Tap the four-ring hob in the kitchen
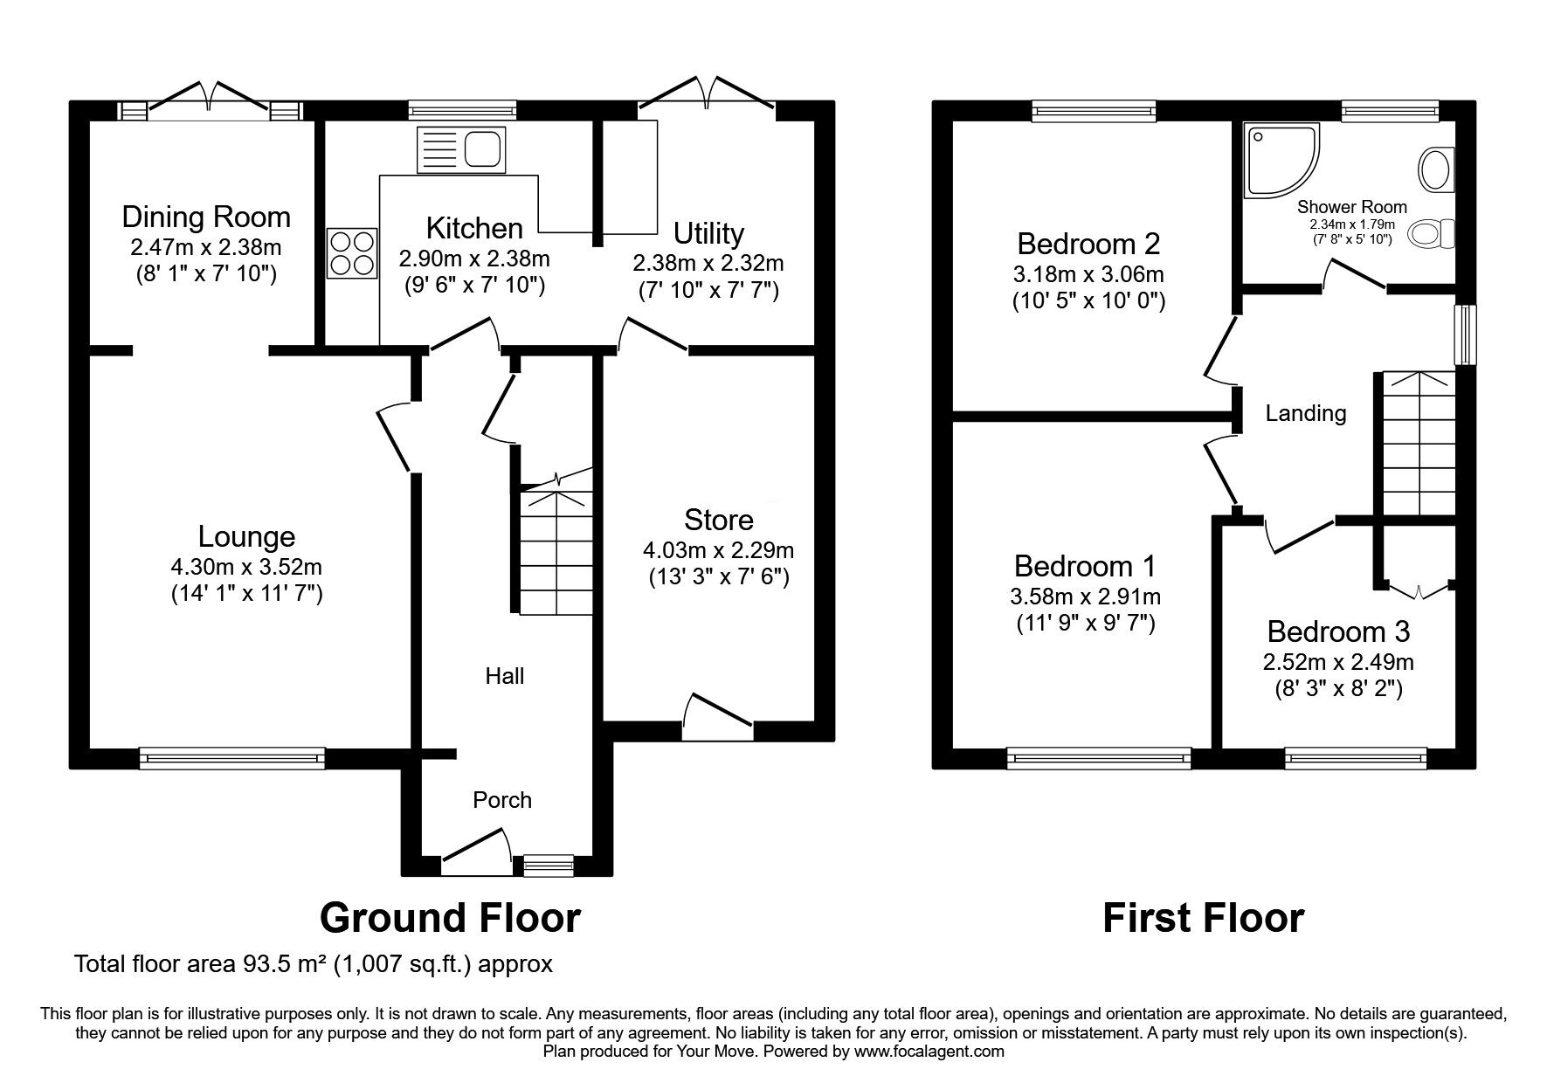352,253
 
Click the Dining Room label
206,217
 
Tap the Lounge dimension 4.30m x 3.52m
246,567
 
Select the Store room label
718,520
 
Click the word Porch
501,800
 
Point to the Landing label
1305,412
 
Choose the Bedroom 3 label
1338,631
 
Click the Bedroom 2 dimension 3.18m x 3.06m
1088,274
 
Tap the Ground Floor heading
450,918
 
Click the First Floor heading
1203,918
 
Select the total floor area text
314,964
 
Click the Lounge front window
231,758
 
